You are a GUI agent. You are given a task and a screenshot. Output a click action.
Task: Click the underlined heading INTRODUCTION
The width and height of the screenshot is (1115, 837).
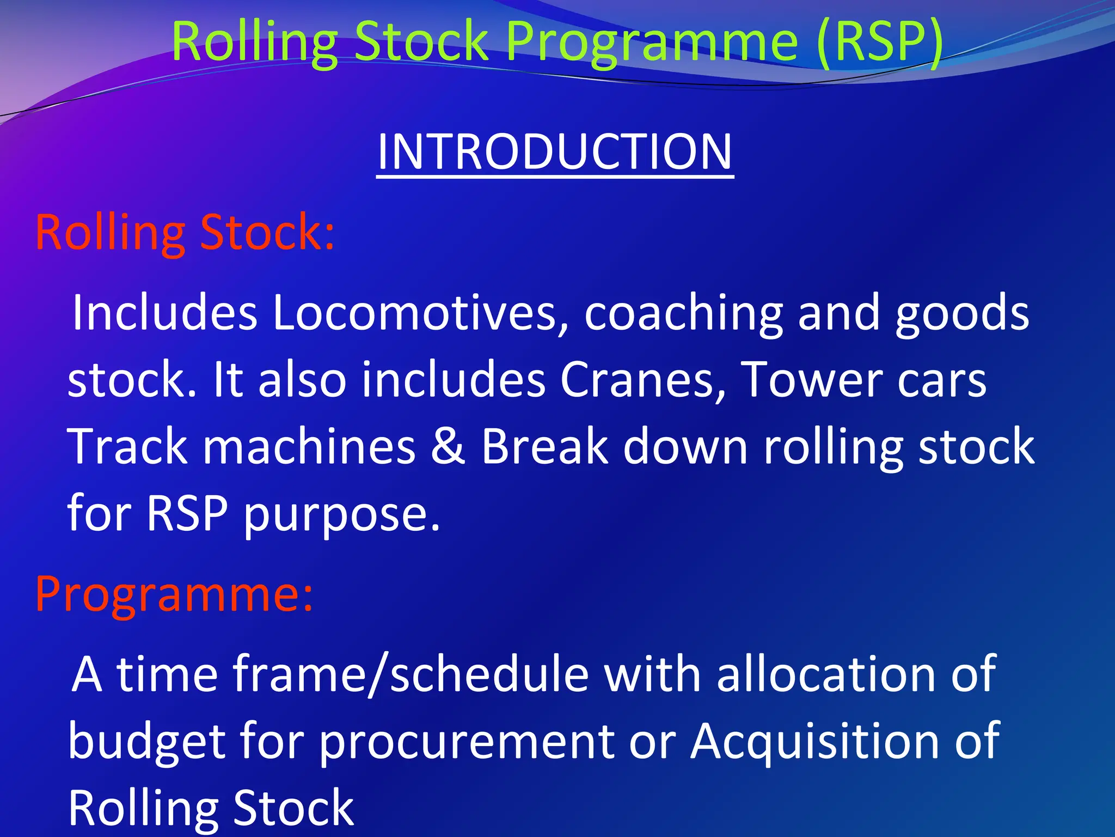pyautogui.click(x=554, y=152)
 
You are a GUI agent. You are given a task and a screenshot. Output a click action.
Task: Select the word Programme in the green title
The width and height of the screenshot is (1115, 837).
pyautogui.click(x=652, y=42)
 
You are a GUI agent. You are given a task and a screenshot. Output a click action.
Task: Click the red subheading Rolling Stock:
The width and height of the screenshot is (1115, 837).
pyautogui.click(x=185, y=233)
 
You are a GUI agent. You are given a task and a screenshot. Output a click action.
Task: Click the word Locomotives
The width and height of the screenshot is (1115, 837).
pyautogui.click(x=421, y=313)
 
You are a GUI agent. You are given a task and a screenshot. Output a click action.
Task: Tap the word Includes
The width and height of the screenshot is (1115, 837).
pyautogui.click(x=164, y=313)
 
